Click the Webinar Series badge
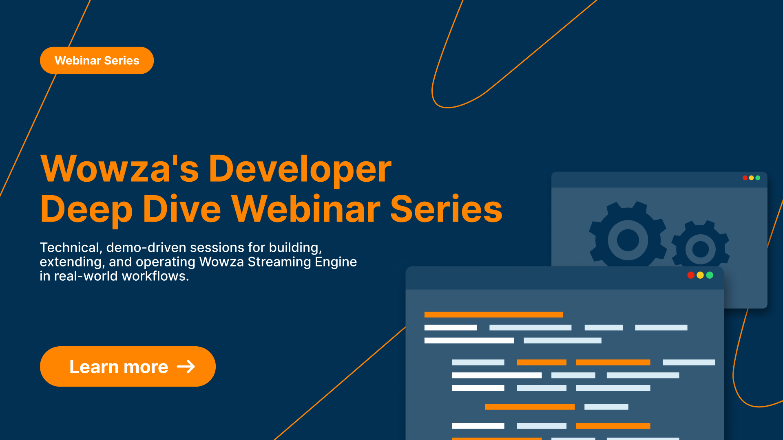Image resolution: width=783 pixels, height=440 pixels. click(x=97, y=60)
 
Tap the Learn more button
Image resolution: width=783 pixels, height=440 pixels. click(x=128, y=366)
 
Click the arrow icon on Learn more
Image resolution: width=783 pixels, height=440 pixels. click(x=186, y=367)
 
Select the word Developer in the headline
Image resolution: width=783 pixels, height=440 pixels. click(x=300, y=170)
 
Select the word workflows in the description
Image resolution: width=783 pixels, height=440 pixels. click(x=155, y=276)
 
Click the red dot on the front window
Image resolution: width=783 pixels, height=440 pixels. click(x=691, y=275)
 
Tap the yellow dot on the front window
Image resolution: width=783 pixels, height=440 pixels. click(x=700, y=275)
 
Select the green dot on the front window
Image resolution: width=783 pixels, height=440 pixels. click(x=710, y=275)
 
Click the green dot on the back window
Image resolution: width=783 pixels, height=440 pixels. click(x=758, y=178)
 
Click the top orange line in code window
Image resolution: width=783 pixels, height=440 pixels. click(x=493, y=315)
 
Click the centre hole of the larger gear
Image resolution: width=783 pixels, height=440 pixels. click(x=628, y=240)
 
